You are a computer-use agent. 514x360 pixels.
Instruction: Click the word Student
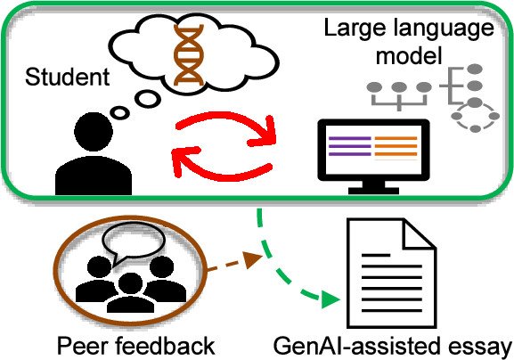click(67, 77)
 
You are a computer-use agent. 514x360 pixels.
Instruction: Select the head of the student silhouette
click(94, 132)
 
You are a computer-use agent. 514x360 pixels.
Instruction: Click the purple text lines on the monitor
click(350, 146)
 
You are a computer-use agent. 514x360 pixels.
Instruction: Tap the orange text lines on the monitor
click(396, 146)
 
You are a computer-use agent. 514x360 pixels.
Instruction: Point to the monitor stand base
click(374, 190)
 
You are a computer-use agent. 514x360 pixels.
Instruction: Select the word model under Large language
click(409, 56)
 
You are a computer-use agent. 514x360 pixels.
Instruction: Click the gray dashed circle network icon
click(475, 117)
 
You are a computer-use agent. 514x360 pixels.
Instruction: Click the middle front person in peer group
click(131, 293)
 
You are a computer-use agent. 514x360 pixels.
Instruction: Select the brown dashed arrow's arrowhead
click(253, 258)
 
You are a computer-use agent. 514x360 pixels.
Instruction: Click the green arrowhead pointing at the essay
click(330, 299)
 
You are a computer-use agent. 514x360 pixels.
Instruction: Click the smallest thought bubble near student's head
click(119, 113)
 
